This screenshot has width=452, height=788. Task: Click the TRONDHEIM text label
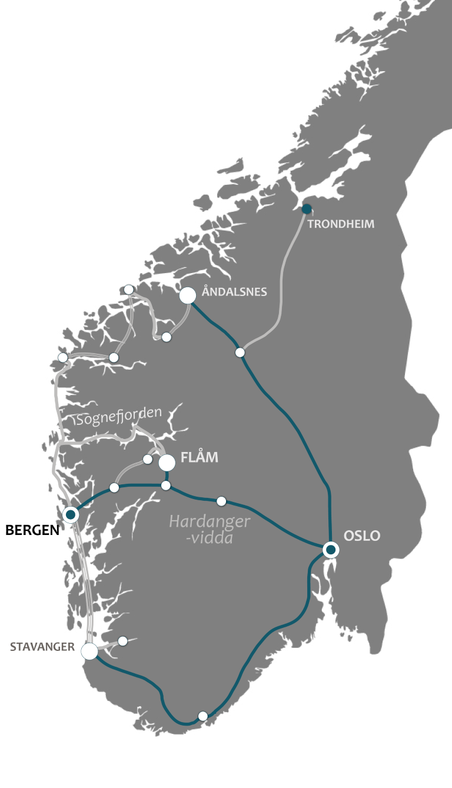coord(341,224)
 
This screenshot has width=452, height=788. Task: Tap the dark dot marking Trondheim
coord(307,209)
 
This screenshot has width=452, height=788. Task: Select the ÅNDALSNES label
coord(234,292)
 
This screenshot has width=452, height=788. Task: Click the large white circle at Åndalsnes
coord(187,295)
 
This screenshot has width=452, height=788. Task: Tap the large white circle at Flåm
coord(167,463)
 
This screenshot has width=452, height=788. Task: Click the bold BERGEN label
coord(32,530)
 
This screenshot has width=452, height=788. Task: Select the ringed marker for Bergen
coord(71,515)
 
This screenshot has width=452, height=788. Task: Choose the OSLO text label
coord(362,536)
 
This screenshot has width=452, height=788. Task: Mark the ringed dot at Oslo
coord(331,550)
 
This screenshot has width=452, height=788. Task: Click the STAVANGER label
coord(42,647)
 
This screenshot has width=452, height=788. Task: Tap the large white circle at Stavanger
coord(89,651)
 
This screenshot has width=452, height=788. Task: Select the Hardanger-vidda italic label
coord(209,529)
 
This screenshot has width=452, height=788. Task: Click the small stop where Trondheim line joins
coord(240,353)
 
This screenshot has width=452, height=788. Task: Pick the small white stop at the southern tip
coord(203,716)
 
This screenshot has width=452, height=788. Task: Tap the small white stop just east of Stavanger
coord(123,641)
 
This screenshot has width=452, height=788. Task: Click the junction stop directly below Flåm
coord(166,486)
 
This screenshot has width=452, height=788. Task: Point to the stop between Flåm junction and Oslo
coord(221,501)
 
